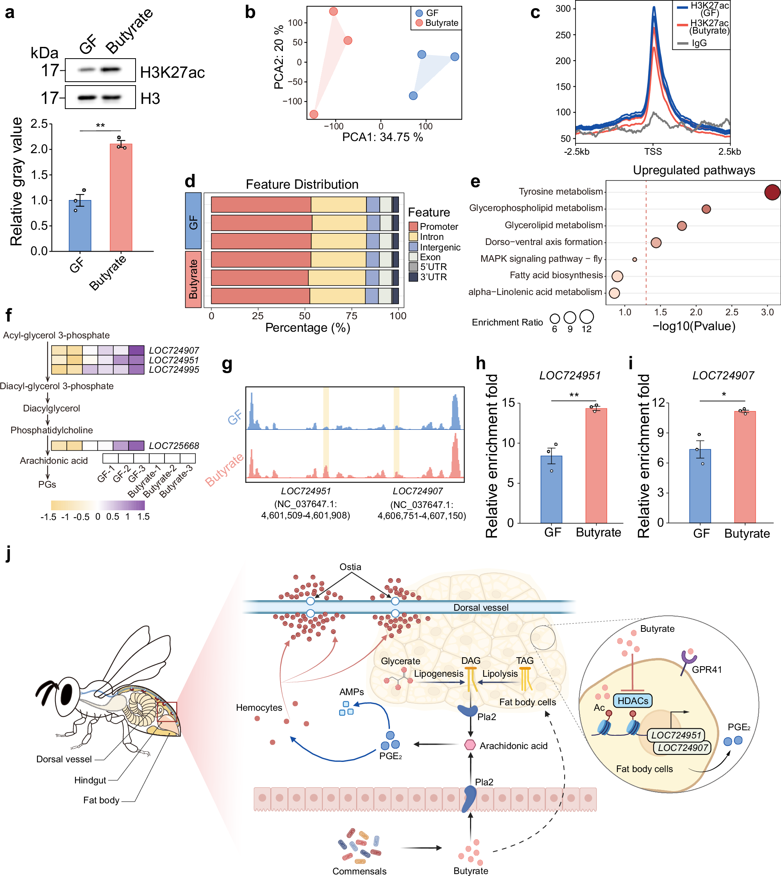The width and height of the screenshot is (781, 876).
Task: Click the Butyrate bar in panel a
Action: tap(121, 197)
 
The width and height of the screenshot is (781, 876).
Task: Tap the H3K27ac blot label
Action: tap(172, 73)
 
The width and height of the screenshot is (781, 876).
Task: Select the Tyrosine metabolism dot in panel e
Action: tap(772, 192)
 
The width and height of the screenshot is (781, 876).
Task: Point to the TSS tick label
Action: tap(653, 152)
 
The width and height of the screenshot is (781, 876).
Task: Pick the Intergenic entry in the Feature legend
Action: tap(440, 247)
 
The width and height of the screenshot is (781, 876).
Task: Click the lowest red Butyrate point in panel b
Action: tap(314, 114)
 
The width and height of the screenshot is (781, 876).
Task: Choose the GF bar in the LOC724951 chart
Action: tap(551, 489)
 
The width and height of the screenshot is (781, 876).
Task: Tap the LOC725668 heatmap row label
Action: tap(174, 445)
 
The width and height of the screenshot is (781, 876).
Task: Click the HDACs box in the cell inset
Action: tap(633, 701)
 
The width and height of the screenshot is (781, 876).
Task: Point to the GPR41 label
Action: tap(706, 670)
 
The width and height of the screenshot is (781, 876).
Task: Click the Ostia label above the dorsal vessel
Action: tap(350, 567)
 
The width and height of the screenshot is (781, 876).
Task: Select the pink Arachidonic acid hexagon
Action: tap(470, 745)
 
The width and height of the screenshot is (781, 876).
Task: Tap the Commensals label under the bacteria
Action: tap(359, 871)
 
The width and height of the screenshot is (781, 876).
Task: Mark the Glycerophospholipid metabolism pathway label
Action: tap(536, 208)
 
